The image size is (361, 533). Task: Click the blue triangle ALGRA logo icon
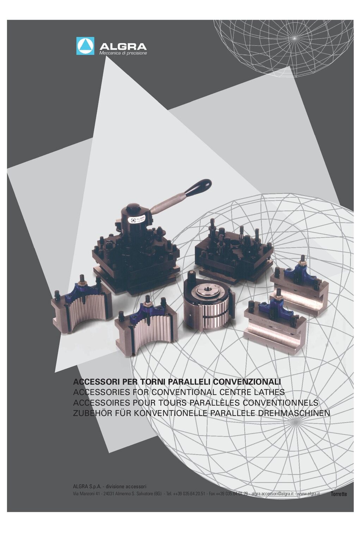coord(85,46)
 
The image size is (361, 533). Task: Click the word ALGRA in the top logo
coord(123,47)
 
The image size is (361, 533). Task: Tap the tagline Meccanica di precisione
coord(123,53)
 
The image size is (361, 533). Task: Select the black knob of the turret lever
coord(198,187)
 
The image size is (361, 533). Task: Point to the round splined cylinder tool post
coord(208,300)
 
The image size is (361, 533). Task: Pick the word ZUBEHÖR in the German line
coord(92,413)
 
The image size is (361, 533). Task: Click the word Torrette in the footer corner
coord(339,494)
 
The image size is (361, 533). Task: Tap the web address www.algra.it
coord(308,494)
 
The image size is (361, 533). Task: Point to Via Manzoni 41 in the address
coord(86,494)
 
